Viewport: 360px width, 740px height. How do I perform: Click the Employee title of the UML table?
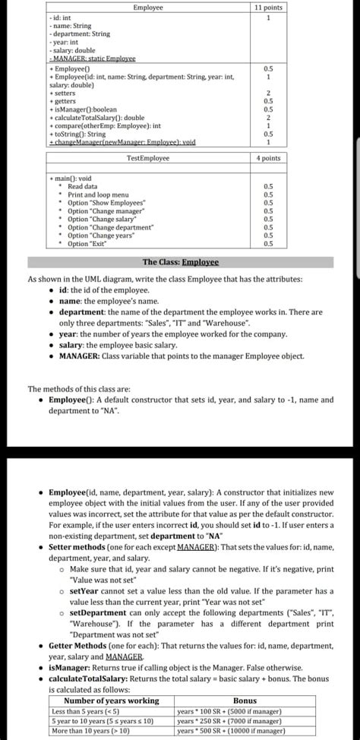tap(147, 7)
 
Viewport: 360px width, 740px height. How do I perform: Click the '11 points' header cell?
tap(267, 7)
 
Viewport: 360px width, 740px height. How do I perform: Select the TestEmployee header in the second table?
tap(147, 158)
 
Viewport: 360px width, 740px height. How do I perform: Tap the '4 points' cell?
tap(267, 158)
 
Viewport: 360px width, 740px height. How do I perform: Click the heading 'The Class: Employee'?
tap(180, 262)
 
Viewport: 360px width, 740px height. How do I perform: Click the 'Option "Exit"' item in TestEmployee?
tap(87, 243)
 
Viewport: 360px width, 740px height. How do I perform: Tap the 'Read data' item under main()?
tap(82, 186)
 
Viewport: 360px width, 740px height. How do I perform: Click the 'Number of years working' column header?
tap(112, 700)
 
